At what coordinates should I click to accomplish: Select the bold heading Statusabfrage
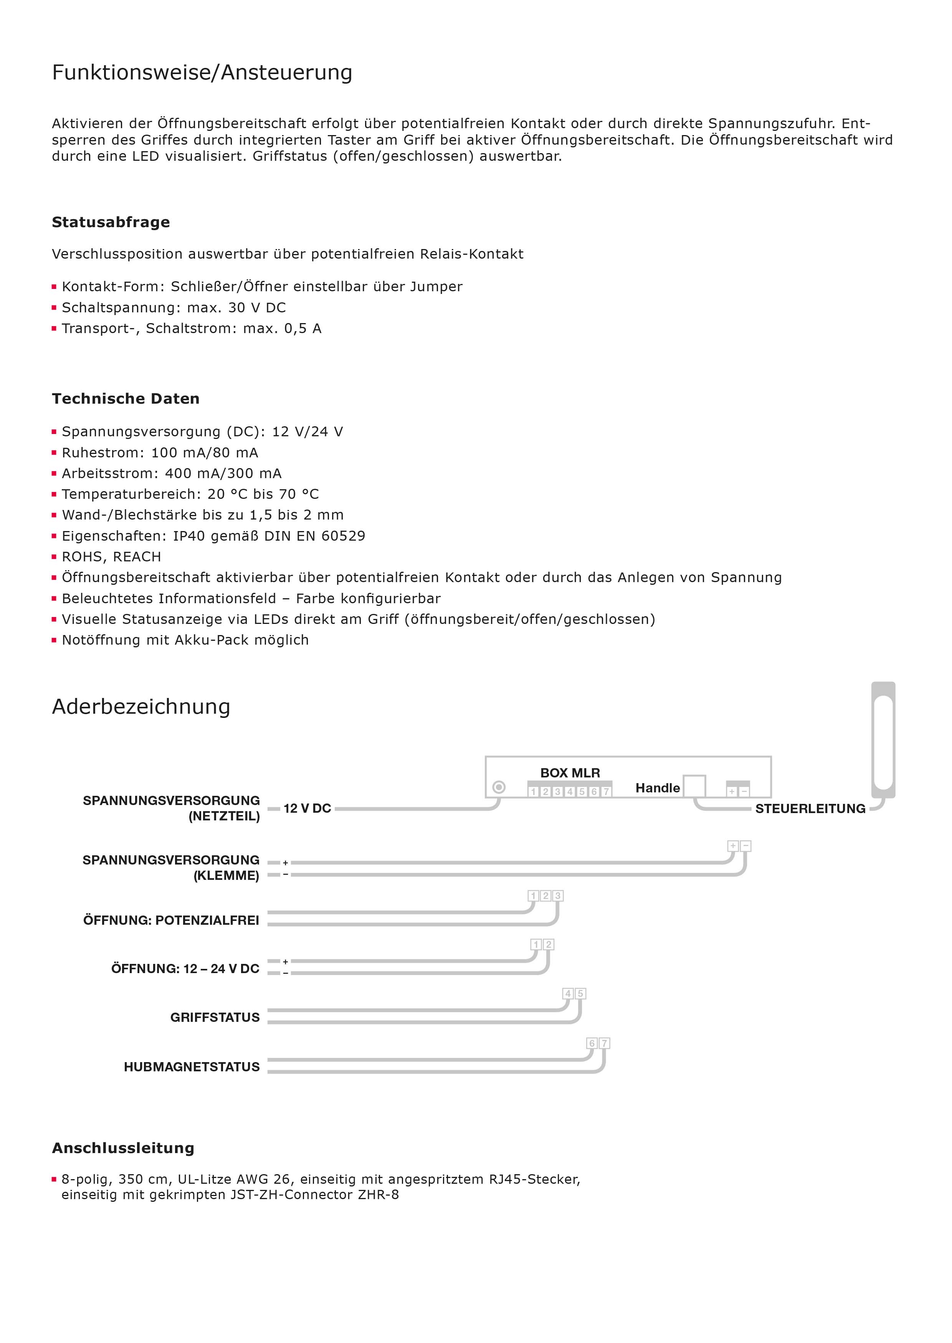click(x=111, y=222)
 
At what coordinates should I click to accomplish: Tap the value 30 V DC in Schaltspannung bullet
click(x=257, y=308)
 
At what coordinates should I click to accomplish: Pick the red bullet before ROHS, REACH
click(x=54, y=557)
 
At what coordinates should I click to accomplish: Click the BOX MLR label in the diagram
click(x=570, y=773)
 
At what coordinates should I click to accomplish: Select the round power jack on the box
click(x=499, y=787)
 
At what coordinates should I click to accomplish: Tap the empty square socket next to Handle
click(x=695, y=786)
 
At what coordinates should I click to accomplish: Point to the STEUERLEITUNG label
click(x=810, y=808)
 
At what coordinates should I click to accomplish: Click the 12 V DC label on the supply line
click(x=307, y=808)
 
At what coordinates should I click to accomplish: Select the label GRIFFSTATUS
click(x=215, y=1017)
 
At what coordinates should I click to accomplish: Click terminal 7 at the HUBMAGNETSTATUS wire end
click(x=604, y=1044)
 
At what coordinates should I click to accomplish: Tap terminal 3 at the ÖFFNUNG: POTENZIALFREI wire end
click(x=557, y=896)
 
